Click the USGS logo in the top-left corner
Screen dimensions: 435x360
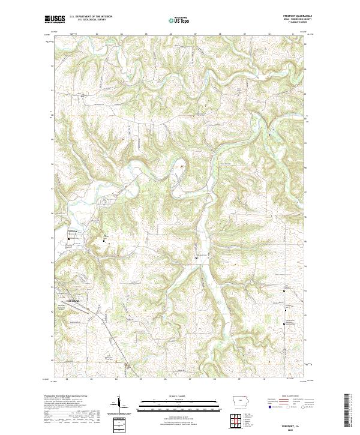tap(53, 19)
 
